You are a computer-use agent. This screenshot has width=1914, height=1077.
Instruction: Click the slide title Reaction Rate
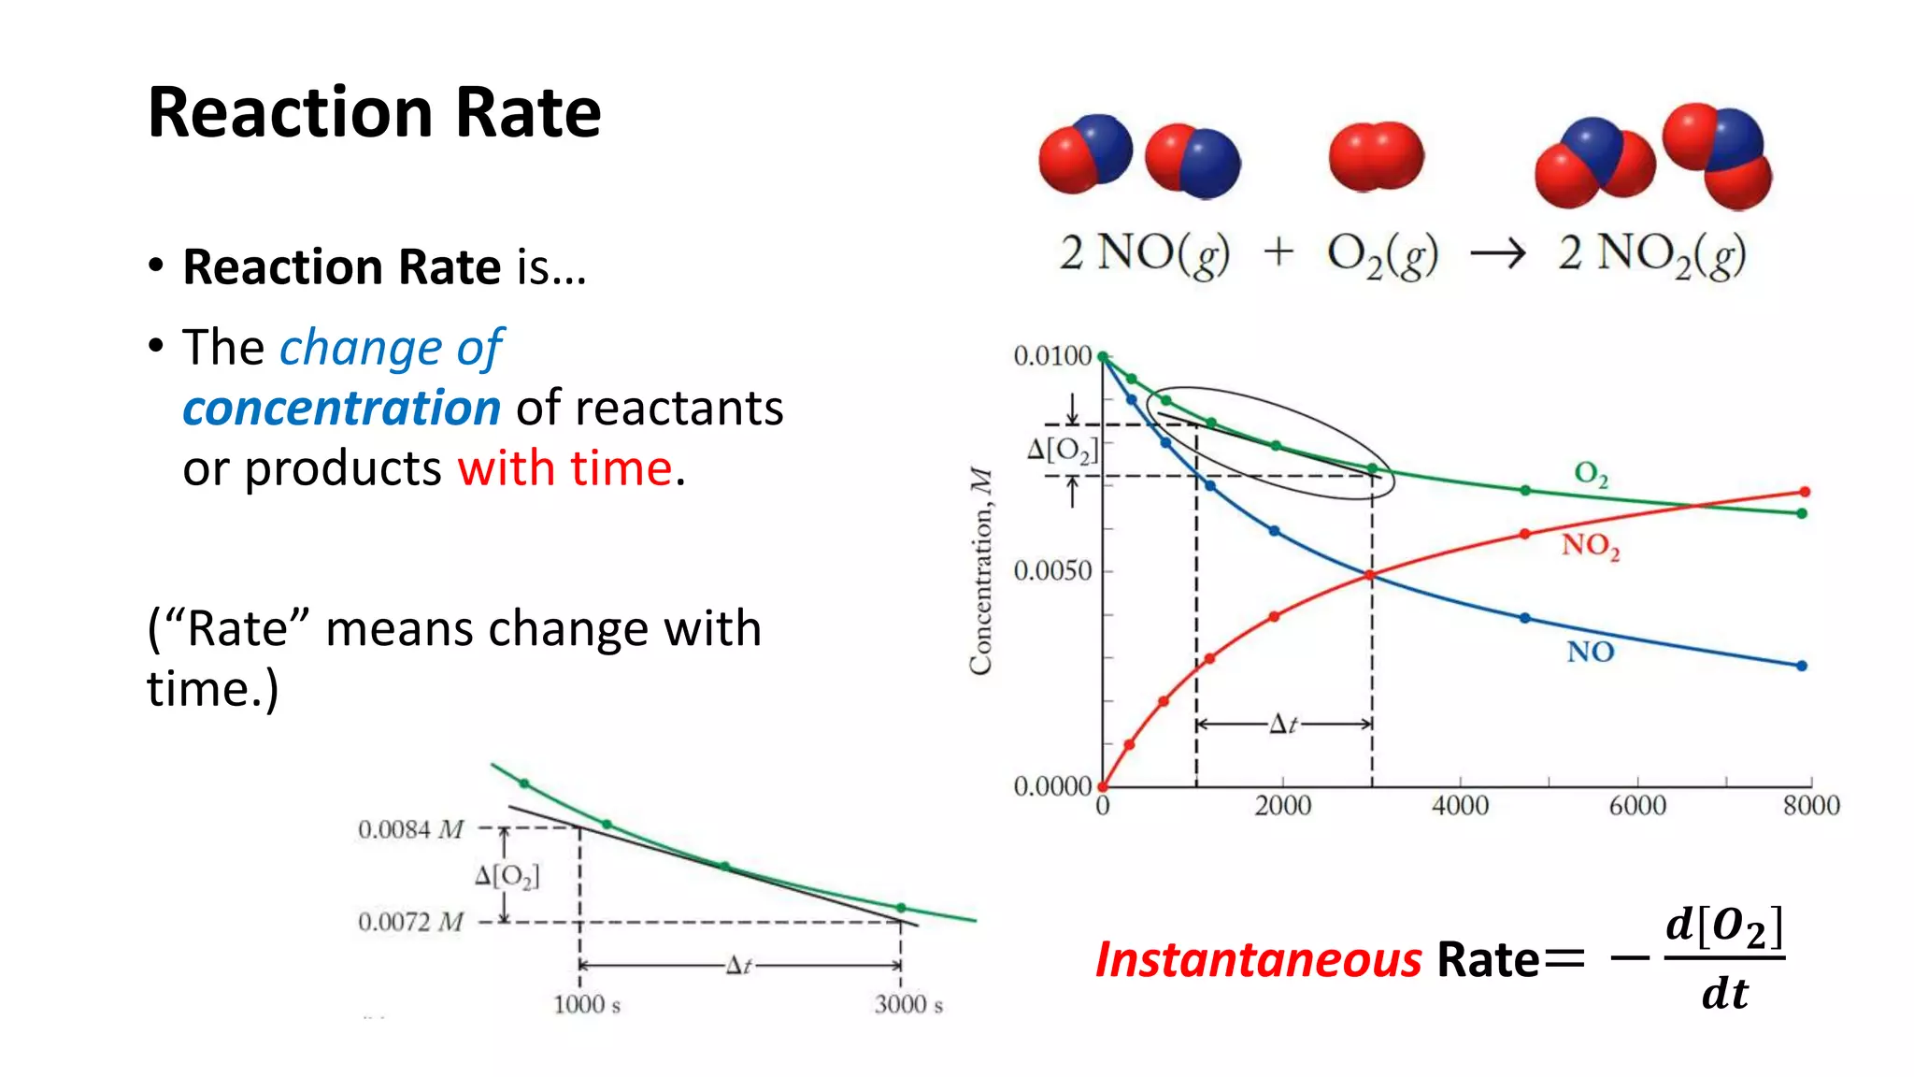coord(374,113)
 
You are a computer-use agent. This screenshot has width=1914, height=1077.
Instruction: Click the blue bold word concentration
coord(342,409)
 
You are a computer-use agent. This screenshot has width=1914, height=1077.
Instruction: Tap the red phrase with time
coord(564,468)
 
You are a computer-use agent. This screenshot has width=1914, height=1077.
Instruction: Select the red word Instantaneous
coord(1258,960)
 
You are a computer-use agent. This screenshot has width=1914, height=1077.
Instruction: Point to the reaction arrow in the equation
coord(1497,253)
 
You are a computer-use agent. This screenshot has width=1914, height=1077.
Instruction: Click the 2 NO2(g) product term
coord(1651,254)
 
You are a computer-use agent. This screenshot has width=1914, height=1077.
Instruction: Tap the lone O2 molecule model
coord(1376,156)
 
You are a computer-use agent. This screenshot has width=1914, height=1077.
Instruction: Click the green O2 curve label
coord(1591,474)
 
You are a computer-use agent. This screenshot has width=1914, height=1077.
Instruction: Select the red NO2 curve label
coord(1590,545)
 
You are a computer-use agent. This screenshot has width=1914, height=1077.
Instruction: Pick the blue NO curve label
coord(1590,652)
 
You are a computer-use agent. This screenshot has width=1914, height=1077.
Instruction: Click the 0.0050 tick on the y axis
coord(1052,571)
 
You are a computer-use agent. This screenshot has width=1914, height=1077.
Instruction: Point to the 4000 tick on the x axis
coord(1460,805)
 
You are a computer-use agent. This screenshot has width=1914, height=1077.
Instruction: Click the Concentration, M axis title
coord(980,571)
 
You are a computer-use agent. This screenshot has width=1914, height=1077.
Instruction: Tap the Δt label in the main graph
coord(1283,725)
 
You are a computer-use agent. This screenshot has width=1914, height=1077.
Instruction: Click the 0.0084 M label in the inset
coord(410,829)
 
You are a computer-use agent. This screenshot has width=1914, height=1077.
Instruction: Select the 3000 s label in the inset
coord(908,1005)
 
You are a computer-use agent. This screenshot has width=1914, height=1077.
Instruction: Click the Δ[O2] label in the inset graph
coord(507,876)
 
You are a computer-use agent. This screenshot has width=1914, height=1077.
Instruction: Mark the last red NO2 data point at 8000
coord(1805,492)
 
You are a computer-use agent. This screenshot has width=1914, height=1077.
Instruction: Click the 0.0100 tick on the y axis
coord(1052,356)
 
